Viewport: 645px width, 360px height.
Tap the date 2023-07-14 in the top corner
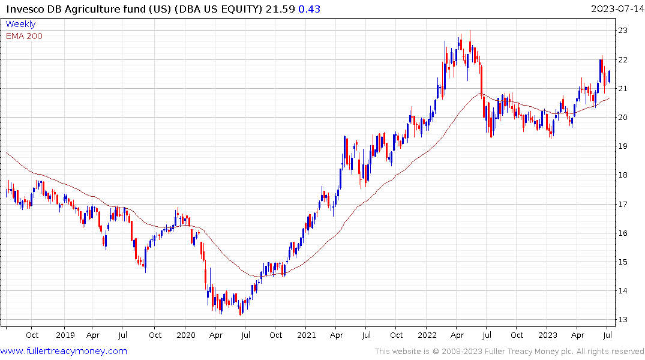click(x=617, y=9)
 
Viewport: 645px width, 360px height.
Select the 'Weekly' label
click(x=20, y=24)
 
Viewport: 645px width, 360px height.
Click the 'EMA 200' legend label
click(x=24, y=35)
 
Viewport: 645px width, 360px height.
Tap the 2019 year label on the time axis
click(x=65, y=335)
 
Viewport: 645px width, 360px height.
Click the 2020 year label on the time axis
click(x=185, y=335)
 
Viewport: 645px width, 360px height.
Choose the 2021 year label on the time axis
click(x=306, y=335)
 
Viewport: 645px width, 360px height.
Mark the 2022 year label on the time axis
click(x=427, y=335)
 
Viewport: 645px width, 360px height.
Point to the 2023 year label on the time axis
click(x=547, y=335)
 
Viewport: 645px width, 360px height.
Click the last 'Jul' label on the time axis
click(x=607, y=335)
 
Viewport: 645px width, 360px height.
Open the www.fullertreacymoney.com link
click(x=64, y=351)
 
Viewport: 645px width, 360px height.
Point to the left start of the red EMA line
click(x=6, y=152)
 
